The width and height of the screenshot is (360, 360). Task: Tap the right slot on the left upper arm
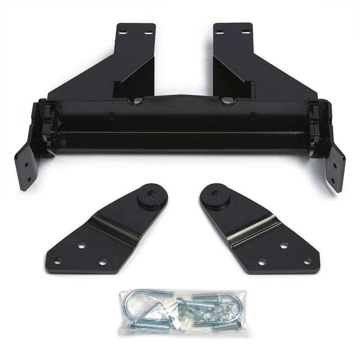point(148,32)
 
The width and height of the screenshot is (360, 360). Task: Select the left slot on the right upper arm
point(220,32)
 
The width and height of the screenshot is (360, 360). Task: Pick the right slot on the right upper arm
point(245,32)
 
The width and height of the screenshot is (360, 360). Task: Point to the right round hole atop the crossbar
point(228,101)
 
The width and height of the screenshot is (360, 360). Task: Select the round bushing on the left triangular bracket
point(150,196)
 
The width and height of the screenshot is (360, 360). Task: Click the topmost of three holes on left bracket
point(81,245)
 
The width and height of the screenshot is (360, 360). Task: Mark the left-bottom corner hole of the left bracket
point(58,261)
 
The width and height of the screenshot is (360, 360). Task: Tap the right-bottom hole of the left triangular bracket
point(103,261)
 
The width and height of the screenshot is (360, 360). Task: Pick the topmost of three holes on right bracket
point(284,245)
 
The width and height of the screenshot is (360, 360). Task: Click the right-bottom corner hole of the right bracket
point(307,261)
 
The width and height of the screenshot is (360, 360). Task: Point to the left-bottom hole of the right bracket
point(262,261)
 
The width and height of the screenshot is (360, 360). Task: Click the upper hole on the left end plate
point(26,165)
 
